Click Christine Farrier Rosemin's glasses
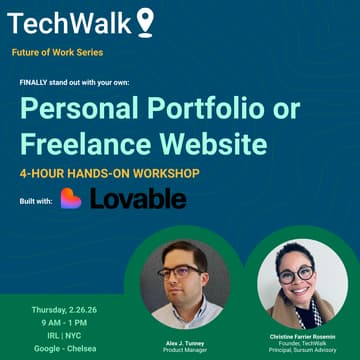(x=297, y=272)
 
